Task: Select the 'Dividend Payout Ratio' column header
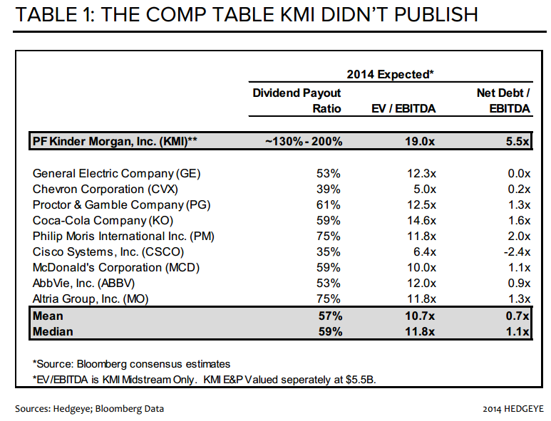click(x=297, y=100)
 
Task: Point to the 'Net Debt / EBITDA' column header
click(x=504, y=100)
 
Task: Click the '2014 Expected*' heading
click(x=390, y=74)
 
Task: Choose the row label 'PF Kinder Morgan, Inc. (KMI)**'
click(x=115, y=141)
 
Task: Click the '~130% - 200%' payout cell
click(x=304, y=141)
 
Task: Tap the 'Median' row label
click(x=52, y=331)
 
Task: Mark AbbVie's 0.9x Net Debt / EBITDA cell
click(x=516, y=283)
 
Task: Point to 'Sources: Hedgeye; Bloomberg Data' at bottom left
click(x=89, y=408)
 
